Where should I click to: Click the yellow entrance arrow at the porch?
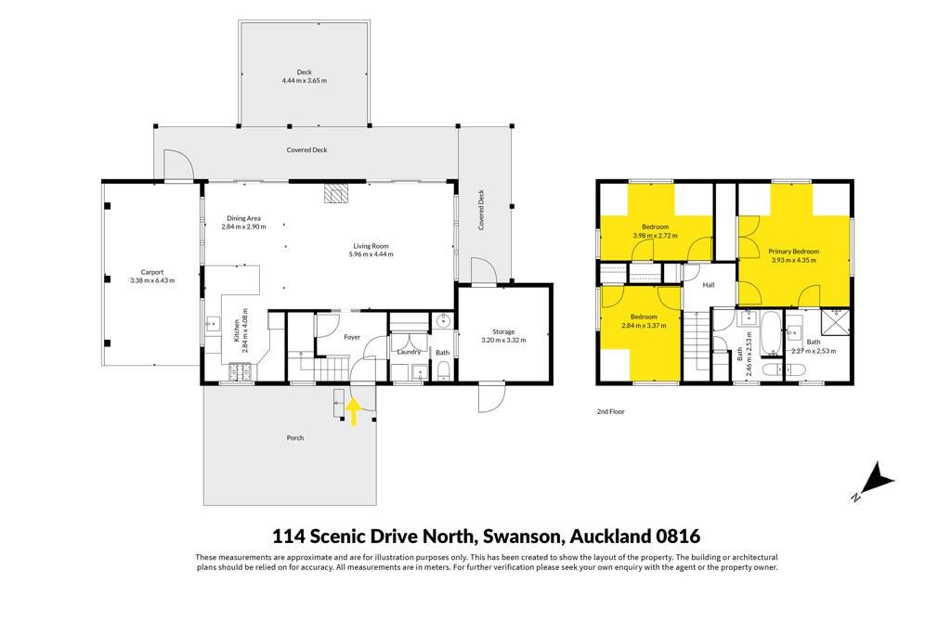354,412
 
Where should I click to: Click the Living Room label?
371,246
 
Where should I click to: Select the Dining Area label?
244,218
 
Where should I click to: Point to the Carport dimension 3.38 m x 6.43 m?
152,280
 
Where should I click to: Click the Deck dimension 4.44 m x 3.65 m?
305,81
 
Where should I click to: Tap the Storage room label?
503,331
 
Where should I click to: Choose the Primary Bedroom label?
793,252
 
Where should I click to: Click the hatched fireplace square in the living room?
336,193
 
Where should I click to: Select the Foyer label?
352,337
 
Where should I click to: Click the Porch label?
294,437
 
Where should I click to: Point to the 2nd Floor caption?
611,411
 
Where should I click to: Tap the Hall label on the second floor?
709,285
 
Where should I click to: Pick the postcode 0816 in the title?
678,537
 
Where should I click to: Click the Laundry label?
409,352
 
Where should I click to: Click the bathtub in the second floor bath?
772,333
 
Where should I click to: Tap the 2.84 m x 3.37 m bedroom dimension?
644,326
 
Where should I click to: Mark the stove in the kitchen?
241,372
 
